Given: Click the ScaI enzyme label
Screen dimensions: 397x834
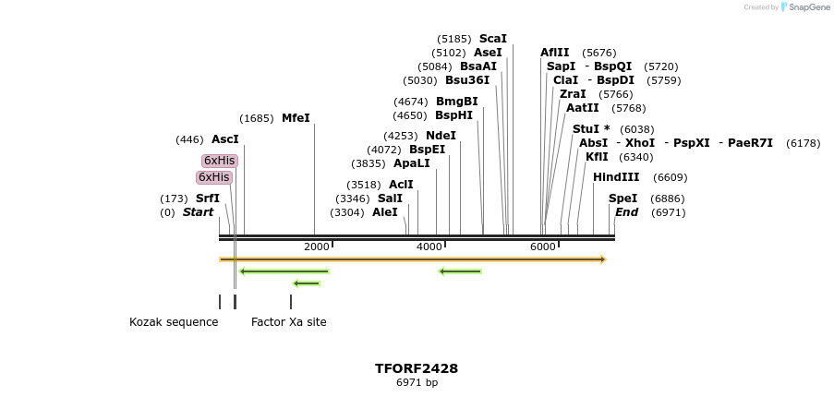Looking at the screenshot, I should [493, 39].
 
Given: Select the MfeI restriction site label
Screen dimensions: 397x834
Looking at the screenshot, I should [296, 118].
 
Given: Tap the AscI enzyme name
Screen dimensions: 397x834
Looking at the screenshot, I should [224, 139].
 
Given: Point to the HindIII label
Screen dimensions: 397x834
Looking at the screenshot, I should [616, 177].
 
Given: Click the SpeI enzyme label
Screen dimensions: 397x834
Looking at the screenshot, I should [622, 198].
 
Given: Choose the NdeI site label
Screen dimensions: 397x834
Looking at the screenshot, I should [441, 136].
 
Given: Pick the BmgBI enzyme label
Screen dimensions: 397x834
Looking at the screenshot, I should [456, 102].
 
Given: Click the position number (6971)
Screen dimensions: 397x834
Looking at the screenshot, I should [668, 212].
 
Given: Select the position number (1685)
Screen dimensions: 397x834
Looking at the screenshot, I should [256, 118].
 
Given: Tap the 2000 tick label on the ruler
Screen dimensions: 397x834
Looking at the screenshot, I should [316, 247].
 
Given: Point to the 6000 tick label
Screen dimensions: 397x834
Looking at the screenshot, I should [542, 247].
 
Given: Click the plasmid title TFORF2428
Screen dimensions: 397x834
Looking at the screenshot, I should [417, 368].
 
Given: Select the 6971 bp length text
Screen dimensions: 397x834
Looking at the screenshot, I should [417, 382].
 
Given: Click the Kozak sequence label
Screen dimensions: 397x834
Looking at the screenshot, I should [174, 322].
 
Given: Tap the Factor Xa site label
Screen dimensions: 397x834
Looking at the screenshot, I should [288, 322].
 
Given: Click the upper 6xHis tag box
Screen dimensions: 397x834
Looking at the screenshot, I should [220, 161].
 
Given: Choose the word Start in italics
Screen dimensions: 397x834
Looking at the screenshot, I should [198, 212].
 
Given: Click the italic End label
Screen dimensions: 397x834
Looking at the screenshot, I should [626, 212].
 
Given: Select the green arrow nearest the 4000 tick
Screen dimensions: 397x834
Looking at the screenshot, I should [460, 271].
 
